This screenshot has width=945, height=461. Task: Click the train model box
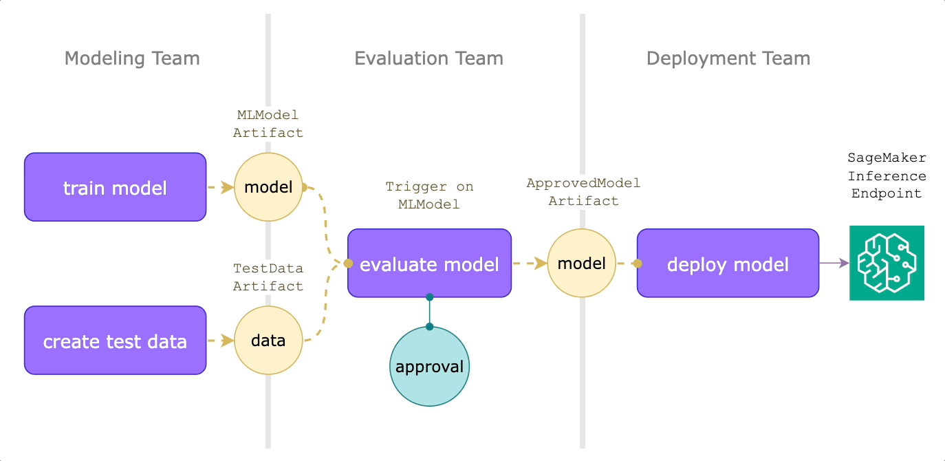point(115,187)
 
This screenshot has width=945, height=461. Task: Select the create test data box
point(115,341)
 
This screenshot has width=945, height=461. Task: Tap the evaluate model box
point(429,264)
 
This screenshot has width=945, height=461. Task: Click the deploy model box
point(728,264)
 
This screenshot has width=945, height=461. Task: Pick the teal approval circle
point(429,366)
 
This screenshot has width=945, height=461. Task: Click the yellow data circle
point(268,341)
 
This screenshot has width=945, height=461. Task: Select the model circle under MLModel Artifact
point(268,187)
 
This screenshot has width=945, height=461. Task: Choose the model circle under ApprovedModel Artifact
point(581,264)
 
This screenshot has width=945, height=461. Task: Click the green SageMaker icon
point(887,263)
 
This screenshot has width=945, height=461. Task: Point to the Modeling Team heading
point(132,58)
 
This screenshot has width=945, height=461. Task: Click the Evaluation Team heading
point(428,58)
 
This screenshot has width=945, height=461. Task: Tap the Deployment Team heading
point(728,58)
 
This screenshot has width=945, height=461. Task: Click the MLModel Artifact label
point(268,124)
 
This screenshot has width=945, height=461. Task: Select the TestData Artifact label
point(268,277)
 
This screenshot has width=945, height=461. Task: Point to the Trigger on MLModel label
point(429,195)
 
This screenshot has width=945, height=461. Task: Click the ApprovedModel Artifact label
point(583,192)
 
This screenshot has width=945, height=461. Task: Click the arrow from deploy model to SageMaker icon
point(834,263)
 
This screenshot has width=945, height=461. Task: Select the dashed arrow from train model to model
point(220,187)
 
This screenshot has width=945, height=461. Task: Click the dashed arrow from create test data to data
point(220,341)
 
